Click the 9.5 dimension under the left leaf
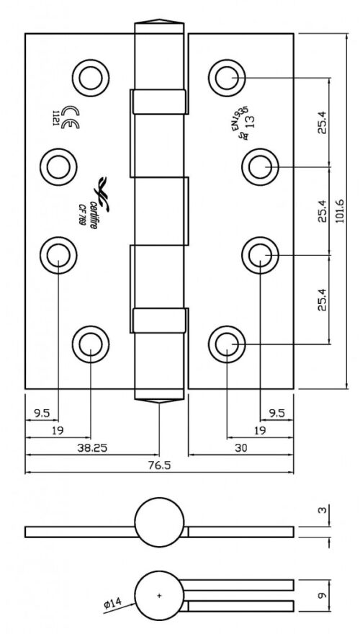pos(41,413)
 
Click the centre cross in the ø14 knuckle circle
pos(159,596)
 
